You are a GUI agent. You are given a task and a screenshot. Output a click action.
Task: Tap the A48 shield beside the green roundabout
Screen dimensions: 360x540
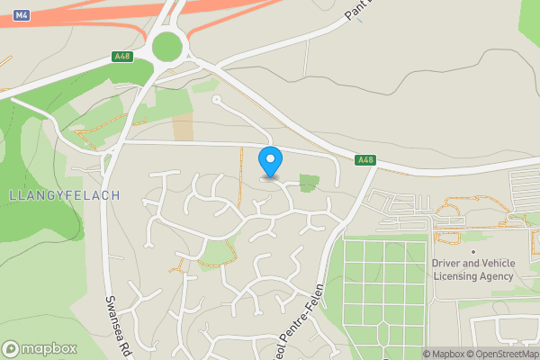click(x=123, y=56)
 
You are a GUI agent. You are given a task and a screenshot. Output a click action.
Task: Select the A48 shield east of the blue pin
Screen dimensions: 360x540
click(x=364, y=160)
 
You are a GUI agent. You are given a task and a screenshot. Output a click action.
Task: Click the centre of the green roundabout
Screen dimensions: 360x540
click(x=167, y=46)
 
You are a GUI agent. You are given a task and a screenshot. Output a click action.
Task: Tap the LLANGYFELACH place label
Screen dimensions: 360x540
click(x=63, y=194)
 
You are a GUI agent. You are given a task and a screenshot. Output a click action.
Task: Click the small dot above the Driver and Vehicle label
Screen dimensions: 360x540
click(x=472, y=252)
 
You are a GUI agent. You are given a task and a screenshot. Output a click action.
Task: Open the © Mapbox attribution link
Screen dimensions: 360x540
click(x=443, y=355)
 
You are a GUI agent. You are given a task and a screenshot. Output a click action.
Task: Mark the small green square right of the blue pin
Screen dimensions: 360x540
click(x=309, y=183)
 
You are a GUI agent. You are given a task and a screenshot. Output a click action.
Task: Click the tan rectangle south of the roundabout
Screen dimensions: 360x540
click(x=182, y=127)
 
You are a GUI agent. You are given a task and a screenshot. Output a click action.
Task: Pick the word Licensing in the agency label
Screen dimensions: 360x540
click(x=461, y=276)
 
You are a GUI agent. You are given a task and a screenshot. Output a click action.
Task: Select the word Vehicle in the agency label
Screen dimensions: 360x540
click(x=493, y=264)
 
